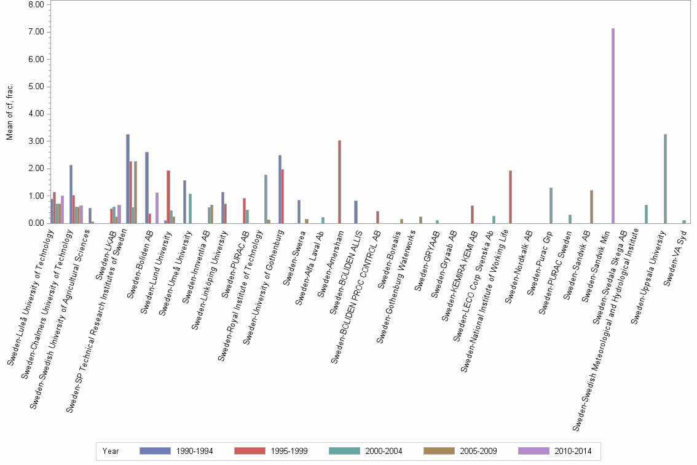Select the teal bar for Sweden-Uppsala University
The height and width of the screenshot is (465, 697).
tap(665, 179)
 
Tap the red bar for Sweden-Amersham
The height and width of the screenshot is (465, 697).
tap(339, 182)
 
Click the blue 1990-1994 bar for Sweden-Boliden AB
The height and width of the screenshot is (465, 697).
tap(147, 188)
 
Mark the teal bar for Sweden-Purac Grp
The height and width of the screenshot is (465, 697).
tap(551, 205)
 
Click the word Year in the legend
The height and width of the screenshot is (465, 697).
tap(111, 451)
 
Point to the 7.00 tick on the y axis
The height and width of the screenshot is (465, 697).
tap(36, 32)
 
